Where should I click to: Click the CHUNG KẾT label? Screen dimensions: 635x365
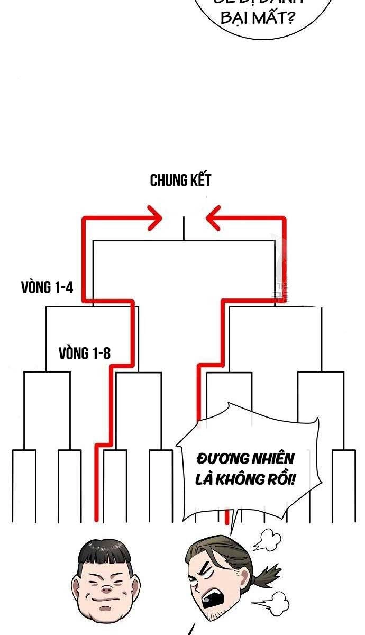coord(180,180)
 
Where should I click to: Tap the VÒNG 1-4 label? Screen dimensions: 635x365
coord(47,288)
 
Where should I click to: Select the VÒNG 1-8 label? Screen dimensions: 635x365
coord(85,353)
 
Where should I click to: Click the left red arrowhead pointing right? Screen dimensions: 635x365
coord(154,219)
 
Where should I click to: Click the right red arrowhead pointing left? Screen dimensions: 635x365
coord(213,219)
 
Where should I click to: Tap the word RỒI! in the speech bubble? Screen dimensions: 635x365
coord(282,479)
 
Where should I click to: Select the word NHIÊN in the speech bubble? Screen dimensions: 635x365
coord(268,458)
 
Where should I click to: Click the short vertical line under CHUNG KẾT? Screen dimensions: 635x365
coord(183,229)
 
